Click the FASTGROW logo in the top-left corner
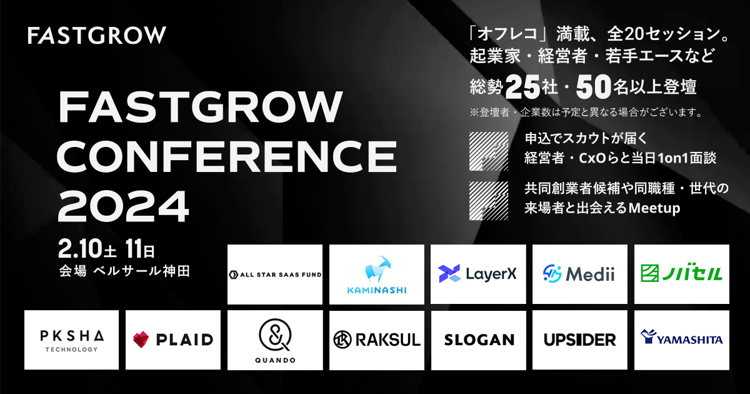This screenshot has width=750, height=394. coord(97,35)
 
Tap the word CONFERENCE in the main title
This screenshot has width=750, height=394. coord(227,157)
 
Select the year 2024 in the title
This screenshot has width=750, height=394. coord(124,206)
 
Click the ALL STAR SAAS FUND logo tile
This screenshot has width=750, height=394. coord(275,275)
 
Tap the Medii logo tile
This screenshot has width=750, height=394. coord(580,274)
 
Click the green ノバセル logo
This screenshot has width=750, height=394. coord(682,274)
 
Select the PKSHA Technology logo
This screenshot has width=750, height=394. coord(71,340)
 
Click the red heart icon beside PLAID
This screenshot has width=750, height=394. coord(141,340)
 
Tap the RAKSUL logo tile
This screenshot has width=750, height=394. coord(377,340)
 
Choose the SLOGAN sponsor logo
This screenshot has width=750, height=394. coord(479,340)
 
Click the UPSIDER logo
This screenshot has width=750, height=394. coord(580,340)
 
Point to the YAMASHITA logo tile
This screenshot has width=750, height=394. coord(682,340)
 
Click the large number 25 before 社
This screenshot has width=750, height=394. coord(522,87)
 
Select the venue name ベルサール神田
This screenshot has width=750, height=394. coord(142,271)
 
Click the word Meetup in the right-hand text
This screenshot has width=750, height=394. coord(654,208)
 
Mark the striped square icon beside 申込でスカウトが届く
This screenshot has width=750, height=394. coord(489,151)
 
